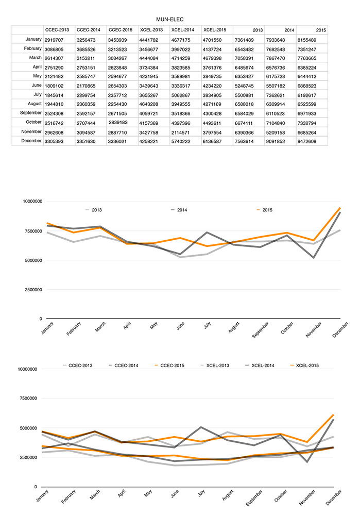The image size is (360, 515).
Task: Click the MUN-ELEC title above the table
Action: pos(169,20)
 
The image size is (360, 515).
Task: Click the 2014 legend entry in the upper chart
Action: pos(179,210)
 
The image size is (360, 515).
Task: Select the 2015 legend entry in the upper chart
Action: pos(264,210)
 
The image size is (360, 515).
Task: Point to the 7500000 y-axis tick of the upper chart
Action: pos(32,231)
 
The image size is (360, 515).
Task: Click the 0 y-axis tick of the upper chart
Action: pos(41,319)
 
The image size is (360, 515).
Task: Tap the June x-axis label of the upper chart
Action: pos(180,326)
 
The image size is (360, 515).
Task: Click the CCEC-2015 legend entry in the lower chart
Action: pos(169,365)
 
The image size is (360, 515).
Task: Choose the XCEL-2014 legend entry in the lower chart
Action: pos(260,365)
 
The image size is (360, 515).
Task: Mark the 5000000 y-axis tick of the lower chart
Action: pos(28,428)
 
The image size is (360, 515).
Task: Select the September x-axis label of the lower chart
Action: pos(254,498)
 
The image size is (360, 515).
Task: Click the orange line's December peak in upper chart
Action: pos(340,208)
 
